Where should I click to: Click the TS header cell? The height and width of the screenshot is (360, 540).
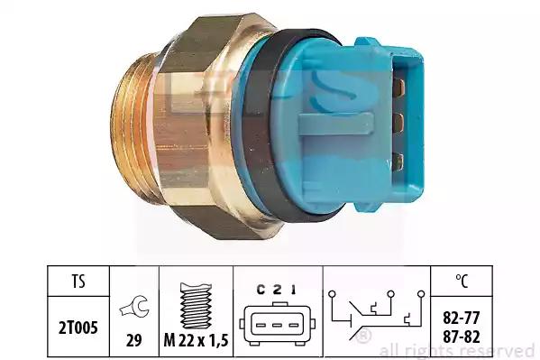tap(78, 281)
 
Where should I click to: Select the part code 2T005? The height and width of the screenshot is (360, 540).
tap(78, 328)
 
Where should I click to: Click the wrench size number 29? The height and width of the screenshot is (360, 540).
tap(134, 341)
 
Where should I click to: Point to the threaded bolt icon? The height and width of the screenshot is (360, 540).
tap(196, 306)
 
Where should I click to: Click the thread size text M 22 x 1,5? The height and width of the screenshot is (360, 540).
tap(196, 341)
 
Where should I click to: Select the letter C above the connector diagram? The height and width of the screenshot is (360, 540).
tap(261, 290)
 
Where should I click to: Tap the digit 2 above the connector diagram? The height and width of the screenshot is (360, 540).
tap(277, 290)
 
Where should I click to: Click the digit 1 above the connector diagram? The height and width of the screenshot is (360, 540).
tap(293, 290)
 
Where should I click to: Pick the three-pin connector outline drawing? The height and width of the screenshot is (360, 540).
tap(278, 324)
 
